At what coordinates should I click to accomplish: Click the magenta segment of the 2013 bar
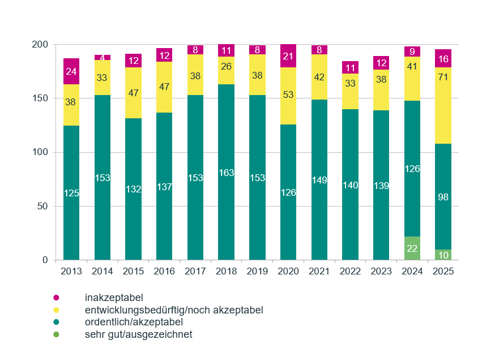pos(71,71)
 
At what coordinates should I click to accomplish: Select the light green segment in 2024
pos(412,248)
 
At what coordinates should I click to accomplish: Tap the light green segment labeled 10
pos(443,255)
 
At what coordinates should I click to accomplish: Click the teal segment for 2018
pos(227,172)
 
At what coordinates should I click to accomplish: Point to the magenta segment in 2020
pos(288,56)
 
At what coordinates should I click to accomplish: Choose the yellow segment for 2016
pos(164,87)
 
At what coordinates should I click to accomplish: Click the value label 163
pos(227,173)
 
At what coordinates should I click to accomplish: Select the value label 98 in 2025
pos(443,196)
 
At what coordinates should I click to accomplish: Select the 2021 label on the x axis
pos(319,272)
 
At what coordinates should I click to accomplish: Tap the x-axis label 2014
pos(103,272)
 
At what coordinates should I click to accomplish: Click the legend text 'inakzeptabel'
pos(114,298)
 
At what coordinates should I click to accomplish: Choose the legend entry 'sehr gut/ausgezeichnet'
pos(139,334)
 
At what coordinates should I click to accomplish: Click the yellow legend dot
pos(56,310)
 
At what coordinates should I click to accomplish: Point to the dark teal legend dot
pos(56,322)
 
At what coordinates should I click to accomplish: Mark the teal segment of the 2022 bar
pos(351,184)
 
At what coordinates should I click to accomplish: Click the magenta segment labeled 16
pos(443,59)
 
